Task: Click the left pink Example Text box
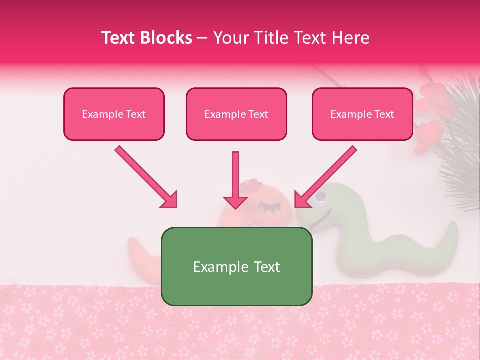coord(114,114)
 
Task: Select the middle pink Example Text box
coord(236,114)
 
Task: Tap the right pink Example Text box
coord(362,114)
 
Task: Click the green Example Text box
coord(236,266)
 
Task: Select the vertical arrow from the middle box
coord(235,180)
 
